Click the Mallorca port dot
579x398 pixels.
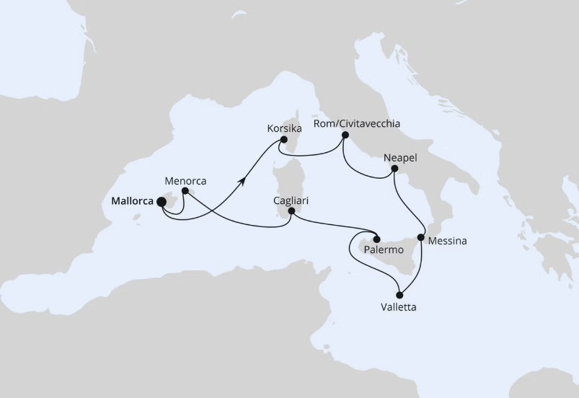pyautogui.click(x=161, y=203)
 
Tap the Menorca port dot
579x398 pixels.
pyautogui.click(x=185, y=191)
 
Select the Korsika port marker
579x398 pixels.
pyautogui.click(x=284, y=140)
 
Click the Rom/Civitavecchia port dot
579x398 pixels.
pyautogui.click(x=345, y=135)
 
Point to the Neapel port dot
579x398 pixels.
pyautogui.click(x=394, y=169)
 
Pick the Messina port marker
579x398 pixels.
pyautogui.click(x=421, y=236)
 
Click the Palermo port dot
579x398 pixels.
pyautogui.click(x=376, y=238)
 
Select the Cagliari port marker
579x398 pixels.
pyautogui.click(x=291, y=211)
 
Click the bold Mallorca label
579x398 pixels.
pyautogui.click(x=133, y=202)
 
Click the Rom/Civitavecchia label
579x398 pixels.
pyautogui.click(x=357, y=123)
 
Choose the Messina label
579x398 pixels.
pyautogui.click(x=447, y=242)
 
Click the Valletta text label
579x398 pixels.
pyautogui.click(x=398, y=307)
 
